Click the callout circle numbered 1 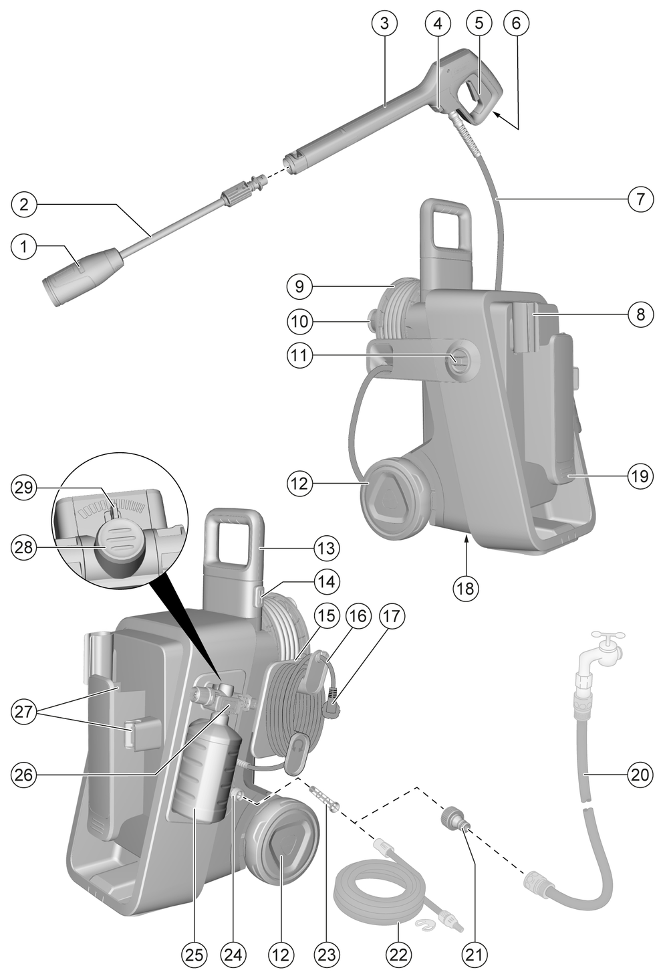24,247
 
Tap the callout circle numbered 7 640,199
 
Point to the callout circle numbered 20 640,775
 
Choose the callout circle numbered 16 358,615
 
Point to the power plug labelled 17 332,706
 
